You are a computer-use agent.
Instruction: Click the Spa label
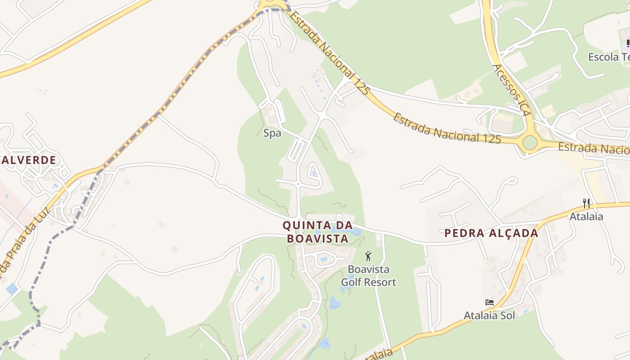272,133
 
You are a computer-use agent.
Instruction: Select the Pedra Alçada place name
491,233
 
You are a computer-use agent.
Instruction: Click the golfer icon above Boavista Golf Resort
369,256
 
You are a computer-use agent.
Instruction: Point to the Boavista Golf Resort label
369,276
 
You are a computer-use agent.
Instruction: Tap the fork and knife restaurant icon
586,203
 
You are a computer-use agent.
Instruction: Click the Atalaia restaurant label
586,216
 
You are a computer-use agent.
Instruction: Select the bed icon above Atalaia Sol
490,302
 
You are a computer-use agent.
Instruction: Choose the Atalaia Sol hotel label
489,315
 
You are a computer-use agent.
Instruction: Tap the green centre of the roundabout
530,143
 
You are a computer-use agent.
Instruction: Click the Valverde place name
29,160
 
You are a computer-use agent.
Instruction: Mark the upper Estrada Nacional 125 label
329,52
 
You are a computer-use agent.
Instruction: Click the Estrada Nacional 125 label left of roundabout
447,128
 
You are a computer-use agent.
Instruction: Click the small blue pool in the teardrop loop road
314,173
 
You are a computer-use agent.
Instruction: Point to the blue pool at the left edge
12,288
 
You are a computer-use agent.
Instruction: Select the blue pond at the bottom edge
324,344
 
